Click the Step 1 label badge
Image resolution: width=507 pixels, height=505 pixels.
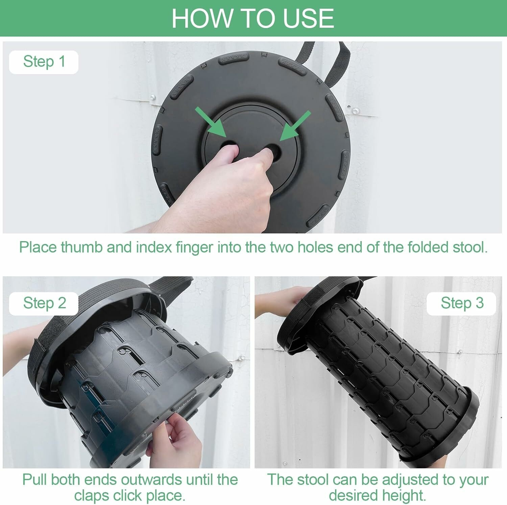click(x=44, y=62)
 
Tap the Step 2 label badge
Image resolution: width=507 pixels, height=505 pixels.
click(x=44, y=303)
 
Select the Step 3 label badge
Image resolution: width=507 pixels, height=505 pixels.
click(x=461, y=303)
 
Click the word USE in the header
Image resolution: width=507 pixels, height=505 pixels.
click(x=308, y=18)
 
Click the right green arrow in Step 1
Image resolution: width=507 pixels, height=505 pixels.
click(x=295, y=125)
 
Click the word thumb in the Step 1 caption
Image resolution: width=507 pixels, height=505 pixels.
click(x=81, y=247)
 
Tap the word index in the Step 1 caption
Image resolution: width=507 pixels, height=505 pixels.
click(x=154, y=247)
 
